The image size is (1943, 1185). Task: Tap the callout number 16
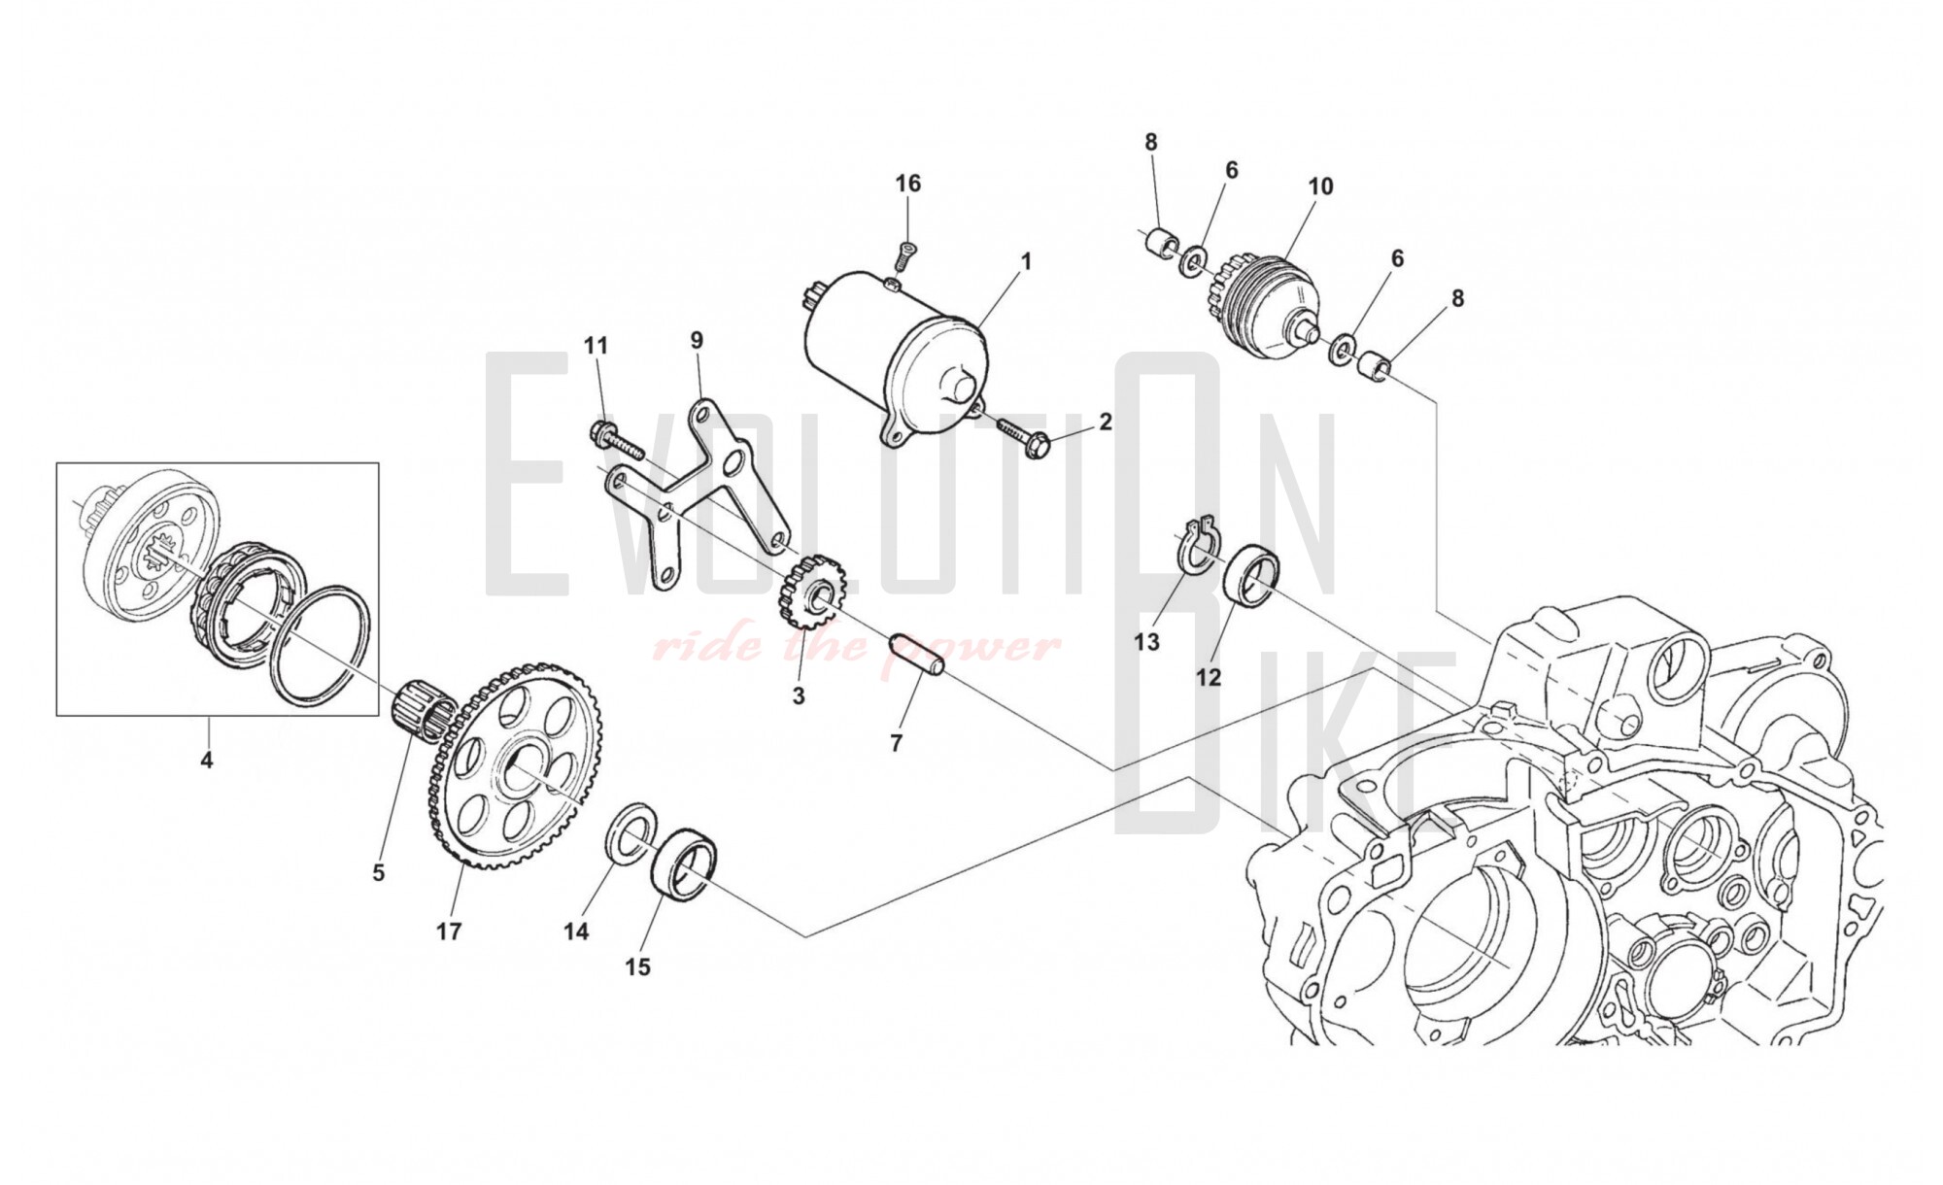tap(907, 184)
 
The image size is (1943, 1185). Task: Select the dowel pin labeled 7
tap(918, 655)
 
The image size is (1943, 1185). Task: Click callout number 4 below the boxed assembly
tap(206, 760)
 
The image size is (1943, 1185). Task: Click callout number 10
tap(1320, 186)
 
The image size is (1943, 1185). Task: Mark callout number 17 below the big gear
tap(448, 931)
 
